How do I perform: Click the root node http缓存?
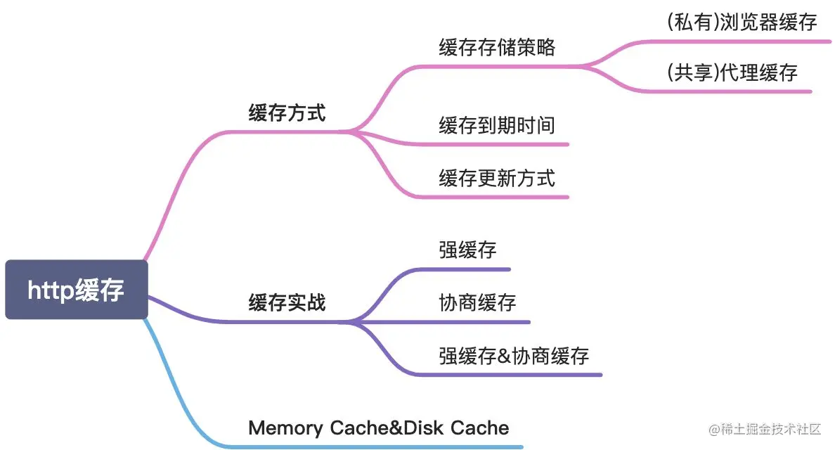point(76,290)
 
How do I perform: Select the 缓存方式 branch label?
point(287,112)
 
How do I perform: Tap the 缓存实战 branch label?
point(287,303)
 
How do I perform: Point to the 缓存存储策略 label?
point(497,47)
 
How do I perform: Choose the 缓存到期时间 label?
point(497,125)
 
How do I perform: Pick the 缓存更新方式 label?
point(497,178)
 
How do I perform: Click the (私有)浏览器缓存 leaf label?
point(742,22)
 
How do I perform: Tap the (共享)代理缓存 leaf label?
point(732,72)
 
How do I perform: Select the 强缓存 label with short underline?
point(467,250)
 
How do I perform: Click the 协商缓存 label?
point(477,302)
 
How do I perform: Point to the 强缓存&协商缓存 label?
point(514,355)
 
